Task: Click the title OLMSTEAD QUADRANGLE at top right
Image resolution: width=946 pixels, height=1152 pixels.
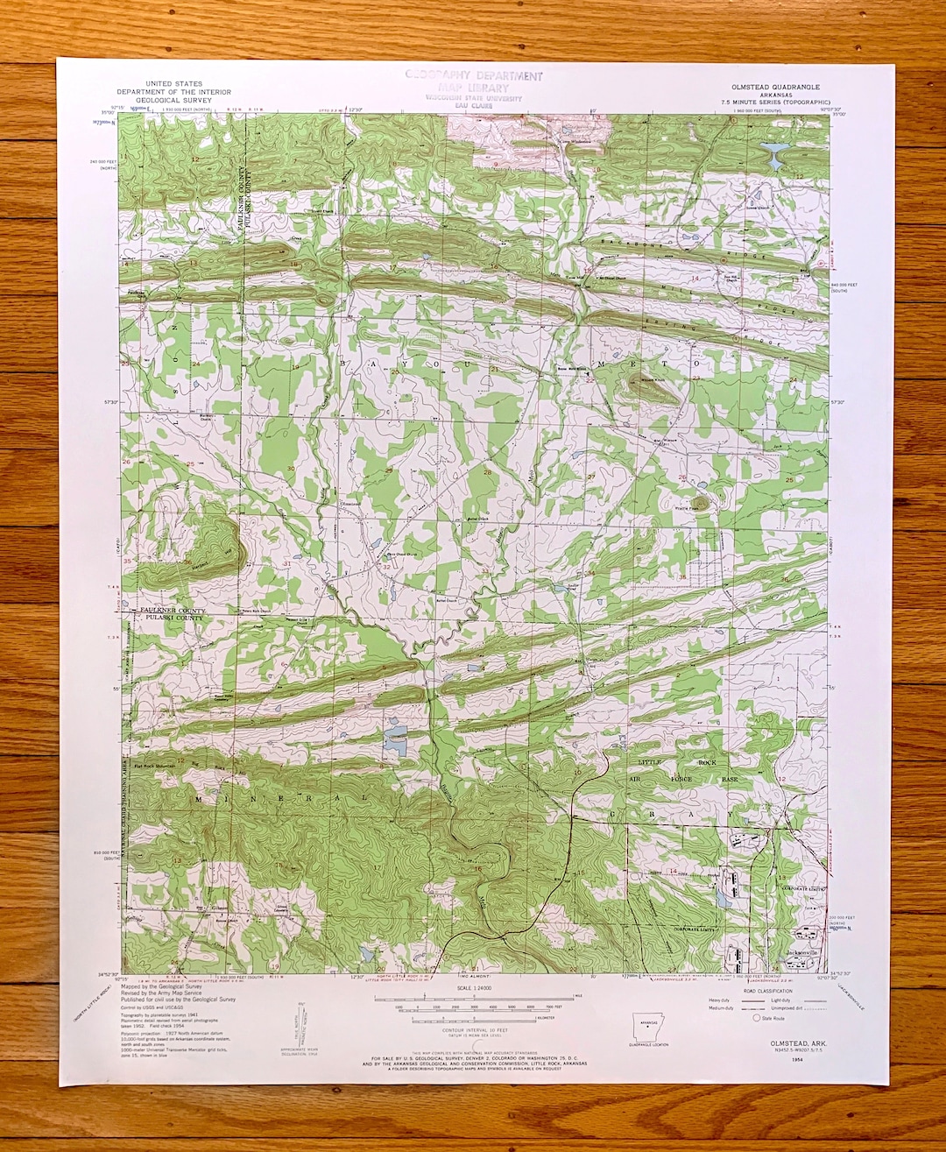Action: (x=776, y=88)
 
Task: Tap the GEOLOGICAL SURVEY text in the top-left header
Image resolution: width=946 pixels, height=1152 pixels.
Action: (x=174, y=100)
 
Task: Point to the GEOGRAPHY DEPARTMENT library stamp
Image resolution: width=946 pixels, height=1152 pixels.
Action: (x=474, y=77)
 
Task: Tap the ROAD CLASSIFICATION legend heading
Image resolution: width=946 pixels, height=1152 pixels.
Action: (x=768, y=991)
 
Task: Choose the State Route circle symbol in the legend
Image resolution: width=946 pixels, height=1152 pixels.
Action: (x=757, y=1018)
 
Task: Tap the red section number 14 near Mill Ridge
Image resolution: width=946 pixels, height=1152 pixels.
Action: (x=695, y=278)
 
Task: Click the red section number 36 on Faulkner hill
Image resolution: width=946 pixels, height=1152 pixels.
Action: (x=188, y=562)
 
